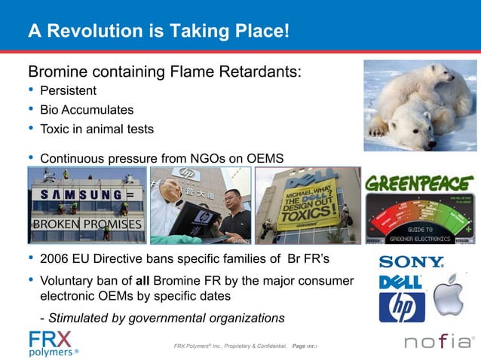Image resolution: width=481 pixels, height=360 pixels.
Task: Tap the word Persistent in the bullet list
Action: tap(68, 91)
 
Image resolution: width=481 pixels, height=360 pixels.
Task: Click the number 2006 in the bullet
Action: tap(55, 261)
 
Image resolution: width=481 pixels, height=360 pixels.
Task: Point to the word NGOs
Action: tap(207, 159)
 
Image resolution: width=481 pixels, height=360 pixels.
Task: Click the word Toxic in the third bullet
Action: tap(55, 129)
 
